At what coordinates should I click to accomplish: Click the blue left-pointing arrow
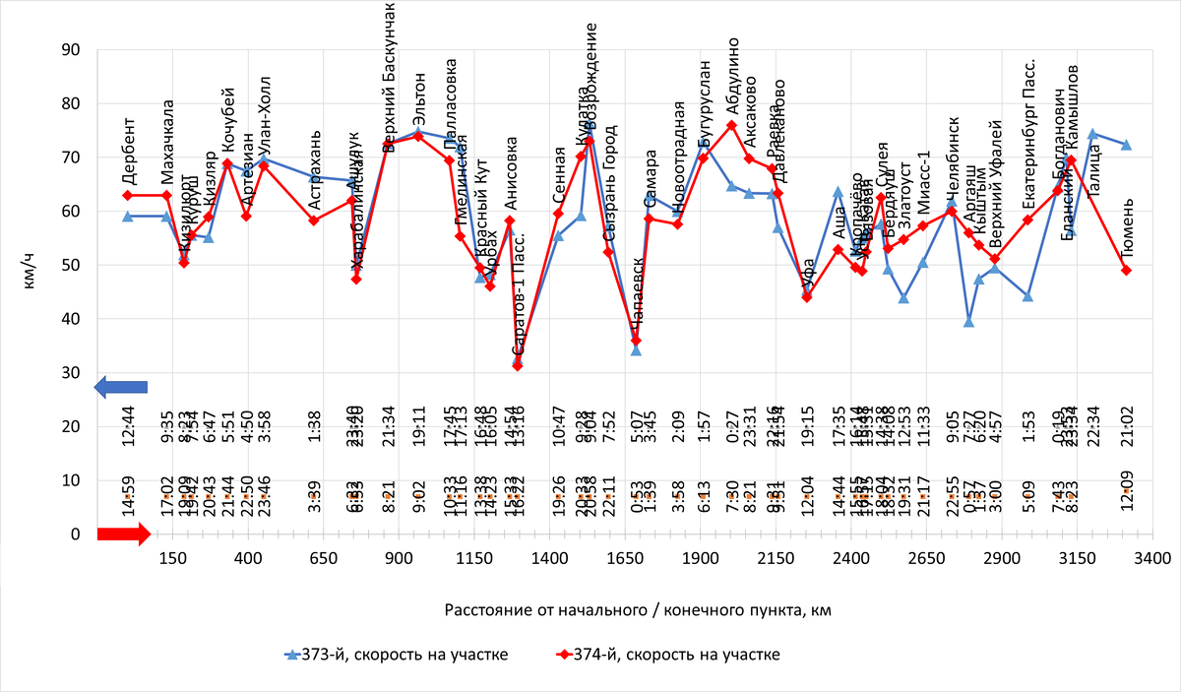[120, 388]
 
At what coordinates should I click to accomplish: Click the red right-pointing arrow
[123, 534]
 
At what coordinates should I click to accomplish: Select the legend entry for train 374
[668, 656]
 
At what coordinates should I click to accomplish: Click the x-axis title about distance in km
[638, 610]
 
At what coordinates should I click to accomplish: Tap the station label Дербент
[128, 153]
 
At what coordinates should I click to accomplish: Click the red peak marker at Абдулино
[731, 125]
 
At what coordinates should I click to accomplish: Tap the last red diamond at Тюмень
[1126, 271]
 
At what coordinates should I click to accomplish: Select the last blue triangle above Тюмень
[1126, 145]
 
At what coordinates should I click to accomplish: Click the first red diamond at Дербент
[128, 195]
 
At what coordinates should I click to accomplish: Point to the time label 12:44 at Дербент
[128, 425]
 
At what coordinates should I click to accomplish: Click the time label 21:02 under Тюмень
[1128, 425]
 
